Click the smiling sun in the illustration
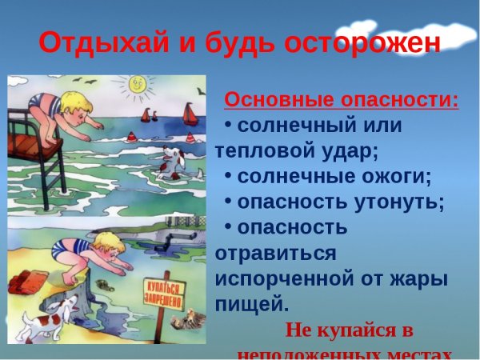(x=137, y=83)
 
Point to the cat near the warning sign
(x=191, y=320)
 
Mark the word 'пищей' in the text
(x=251, y=304)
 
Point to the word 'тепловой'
(x=268, y=150)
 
